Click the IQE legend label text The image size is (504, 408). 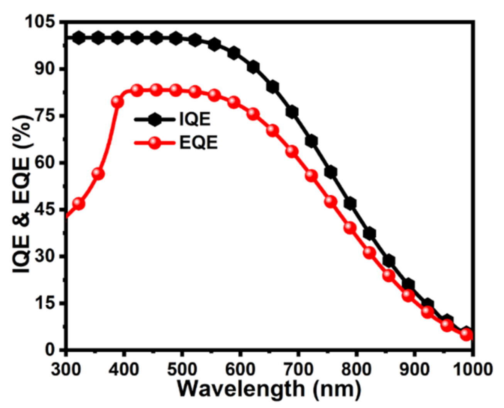[195, 119]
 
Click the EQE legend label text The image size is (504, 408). [198, 143]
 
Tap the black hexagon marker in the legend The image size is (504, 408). [155, 120]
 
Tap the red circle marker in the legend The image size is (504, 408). [155, 143]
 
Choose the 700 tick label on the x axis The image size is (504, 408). [298, 369]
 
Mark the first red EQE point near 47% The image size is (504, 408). [79, 204]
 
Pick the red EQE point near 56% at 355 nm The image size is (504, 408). [98, 174]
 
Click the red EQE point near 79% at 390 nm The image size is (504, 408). [117, 102]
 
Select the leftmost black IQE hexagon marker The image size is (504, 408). [79, 38]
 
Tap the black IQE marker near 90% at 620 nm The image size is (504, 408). [253, 68]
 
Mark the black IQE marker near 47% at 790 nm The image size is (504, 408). [350, 204]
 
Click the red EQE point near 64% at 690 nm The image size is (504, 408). [292, 151]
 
